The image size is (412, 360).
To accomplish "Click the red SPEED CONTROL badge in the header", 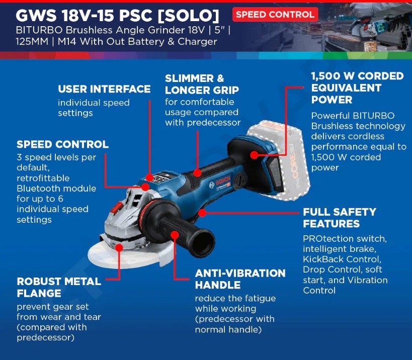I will coord(275,15).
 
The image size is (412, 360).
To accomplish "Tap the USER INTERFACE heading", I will coord(104,89).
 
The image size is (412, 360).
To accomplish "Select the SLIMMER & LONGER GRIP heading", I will coord(202,84).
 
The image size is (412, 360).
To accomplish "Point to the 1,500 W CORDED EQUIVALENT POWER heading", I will coord(357,87).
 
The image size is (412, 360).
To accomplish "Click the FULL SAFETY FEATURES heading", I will coord(339,218).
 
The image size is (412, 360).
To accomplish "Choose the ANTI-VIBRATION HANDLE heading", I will coord(240,279).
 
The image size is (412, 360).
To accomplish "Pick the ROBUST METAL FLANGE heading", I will coord(59,287).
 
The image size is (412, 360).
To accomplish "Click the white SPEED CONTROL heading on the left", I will coord(62,144).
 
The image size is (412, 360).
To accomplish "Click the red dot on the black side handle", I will coord(175,234).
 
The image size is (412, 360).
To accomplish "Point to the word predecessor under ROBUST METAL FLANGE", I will coord(45,338).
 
